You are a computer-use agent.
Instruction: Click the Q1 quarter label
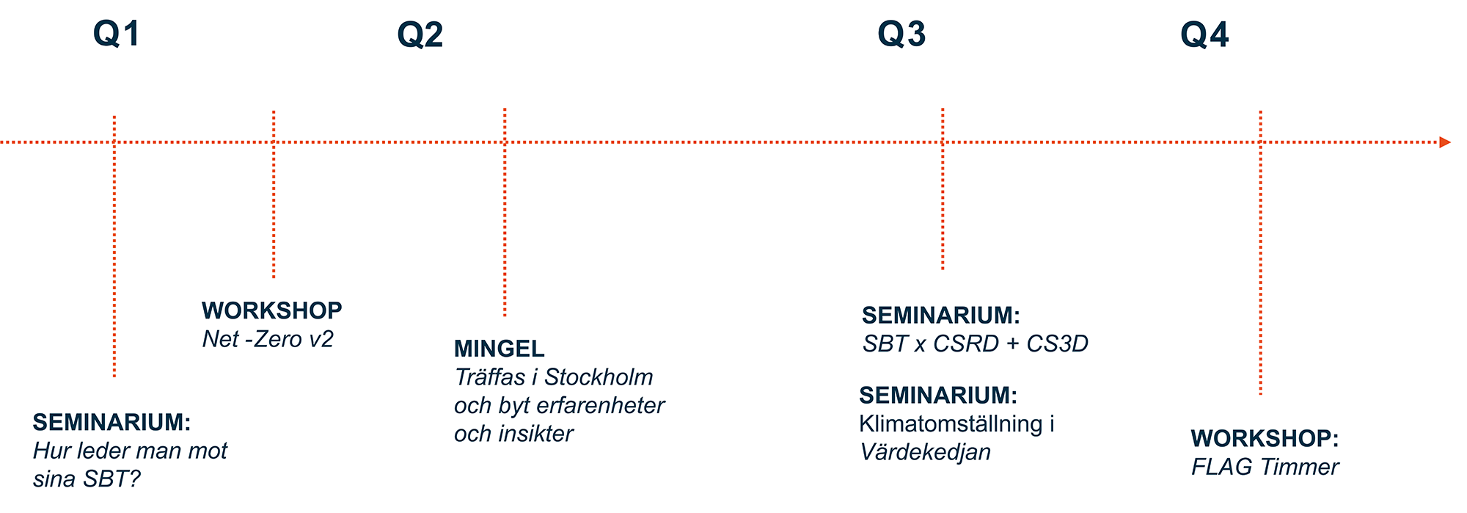[x=116, y=34]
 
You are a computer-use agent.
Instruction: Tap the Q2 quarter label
[x=420, y=35]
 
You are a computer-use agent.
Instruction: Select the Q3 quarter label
[x=901, y=34]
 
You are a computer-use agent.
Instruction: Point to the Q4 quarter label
[x=1204, y=34]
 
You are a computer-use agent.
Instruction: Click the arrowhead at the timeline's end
[x=1445, y=142]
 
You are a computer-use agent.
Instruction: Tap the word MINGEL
[x=500, y=349]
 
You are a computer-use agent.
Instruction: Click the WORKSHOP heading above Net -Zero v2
[x=272, y=310]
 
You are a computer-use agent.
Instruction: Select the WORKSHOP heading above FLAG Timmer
[x=1265, y=438]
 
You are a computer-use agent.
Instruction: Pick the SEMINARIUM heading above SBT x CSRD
[x=941, y=315]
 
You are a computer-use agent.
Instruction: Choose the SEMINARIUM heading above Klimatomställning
[x=938, y=395]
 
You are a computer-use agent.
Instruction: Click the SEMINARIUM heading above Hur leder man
[x=111, y=422]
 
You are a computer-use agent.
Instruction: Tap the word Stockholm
[x=599, y=377]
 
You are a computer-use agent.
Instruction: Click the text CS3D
[x=1057, y=343]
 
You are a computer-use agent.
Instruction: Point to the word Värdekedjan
[x=926, y=452]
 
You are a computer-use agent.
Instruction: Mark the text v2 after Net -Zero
[x=320, y=339]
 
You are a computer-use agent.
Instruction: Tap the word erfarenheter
[x=601, y=405]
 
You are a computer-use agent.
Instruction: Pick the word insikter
[x=535, y=434]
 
